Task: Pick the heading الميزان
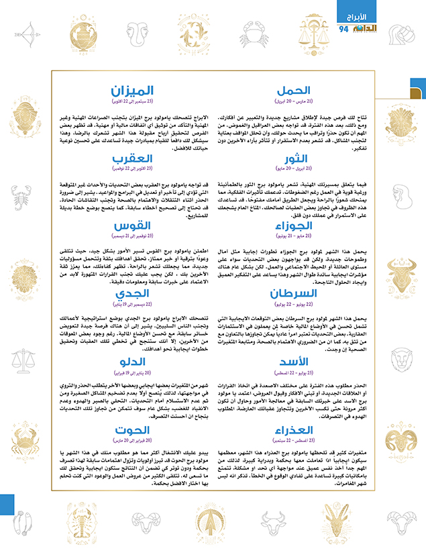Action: click(132, 90)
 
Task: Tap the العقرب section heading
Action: click(132, 158)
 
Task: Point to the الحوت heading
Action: click(132, 430)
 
